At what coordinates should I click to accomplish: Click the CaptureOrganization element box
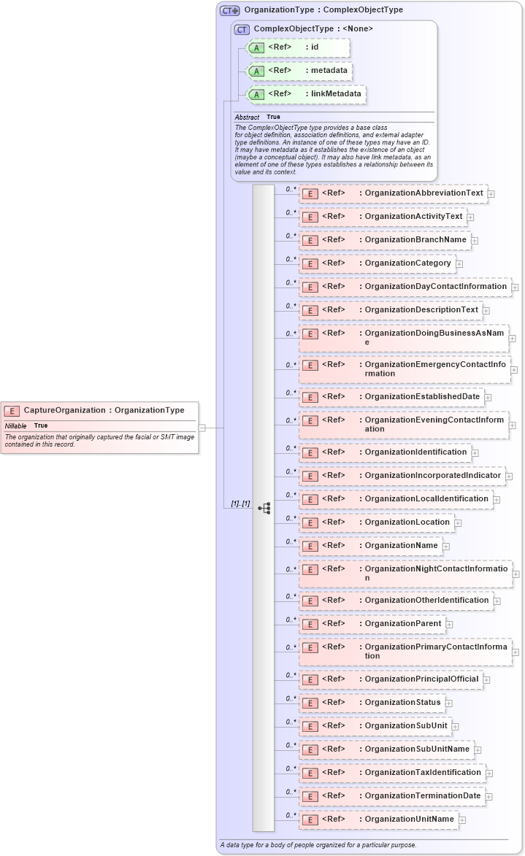tap(99, 410)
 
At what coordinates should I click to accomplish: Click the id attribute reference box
tap(299, 47)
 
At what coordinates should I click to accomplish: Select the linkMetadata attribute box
tap(306, 94)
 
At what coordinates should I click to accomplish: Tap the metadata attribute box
tap(300, 71)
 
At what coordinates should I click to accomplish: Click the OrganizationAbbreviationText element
tap(393, 193)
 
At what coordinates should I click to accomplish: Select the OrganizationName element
tap(370, 545)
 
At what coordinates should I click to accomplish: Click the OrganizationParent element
tap(372, 624)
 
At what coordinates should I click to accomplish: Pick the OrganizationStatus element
tap(372, 703)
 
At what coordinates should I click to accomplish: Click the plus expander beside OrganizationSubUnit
tap(455, 726)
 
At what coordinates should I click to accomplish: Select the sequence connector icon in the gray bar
tap(264, 508)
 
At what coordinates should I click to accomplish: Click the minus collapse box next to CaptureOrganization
tap(202, 428)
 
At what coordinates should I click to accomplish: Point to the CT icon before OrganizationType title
tap(230, 10)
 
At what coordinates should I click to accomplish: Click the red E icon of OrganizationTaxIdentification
tap(310, 773)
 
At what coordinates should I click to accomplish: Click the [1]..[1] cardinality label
tap(240, 504)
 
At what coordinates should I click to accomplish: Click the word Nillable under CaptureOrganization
tap(15, 425)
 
